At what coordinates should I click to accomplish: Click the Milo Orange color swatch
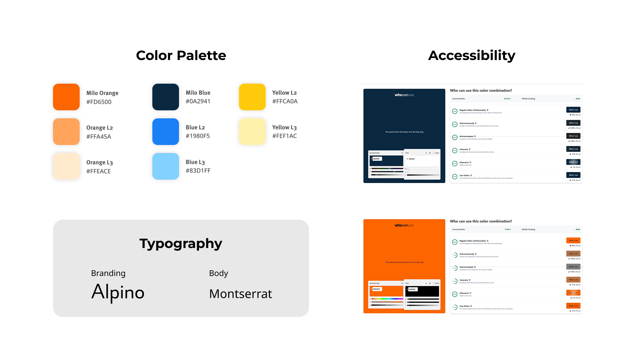click(x=66, y=97)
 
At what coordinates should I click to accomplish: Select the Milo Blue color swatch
click(x=166, y=97)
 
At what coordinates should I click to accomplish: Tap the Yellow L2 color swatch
click(x=252, y=97)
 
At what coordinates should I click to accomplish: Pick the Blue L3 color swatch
click(x=166, y=166)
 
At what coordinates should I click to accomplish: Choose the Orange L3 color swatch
click(x=66, y=166)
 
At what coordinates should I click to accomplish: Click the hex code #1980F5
click(x=198, y=136)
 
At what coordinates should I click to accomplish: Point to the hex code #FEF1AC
click(x=284, y=136)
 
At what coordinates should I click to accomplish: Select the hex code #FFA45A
click(x=99, y=137)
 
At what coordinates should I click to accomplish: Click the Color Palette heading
click(x=181, y=55)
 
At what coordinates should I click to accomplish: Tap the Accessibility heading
click(x=472, y=55)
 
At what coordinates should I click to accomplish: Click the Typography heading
click(x=181, y=244)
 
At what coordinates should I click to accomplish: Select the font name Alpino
click(x=118, y=292)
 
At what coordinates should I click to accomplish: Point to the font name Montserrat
click(x=240, y=294)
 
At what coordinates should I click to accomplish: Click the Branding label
click(x=108, y=273)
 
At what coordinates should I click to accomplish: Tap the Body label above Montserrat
click(x=218, y=273)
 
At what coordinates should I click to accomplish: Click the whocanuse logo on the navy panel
click(x=404, y=95)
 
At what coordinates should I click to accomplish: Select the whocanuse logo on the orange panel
click(x=404, y=225)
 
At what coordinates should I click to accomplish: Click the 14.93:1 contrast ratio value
click(x=507, y=99)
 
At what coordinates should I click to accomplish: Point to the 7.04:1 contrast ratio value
click(x=507, y=229)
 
